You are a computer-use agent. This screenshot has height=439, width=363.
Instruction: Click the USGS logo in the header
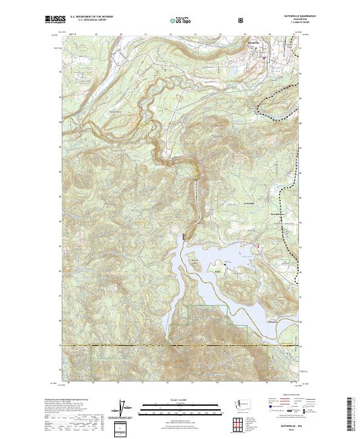54,20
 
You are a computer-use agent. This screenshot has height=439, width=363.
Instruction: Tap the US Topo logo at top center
180,21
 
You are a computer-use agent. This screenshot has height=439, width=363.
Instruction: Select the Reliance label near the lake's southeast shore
272,322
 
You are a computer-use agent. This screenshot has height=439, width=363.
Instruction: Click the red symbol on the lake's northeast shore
260,246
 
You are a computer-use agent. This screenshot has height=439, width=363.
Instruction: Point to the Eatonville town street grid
266,51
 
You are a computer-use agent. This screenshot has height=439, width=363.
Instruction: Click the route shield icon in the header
242,21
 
